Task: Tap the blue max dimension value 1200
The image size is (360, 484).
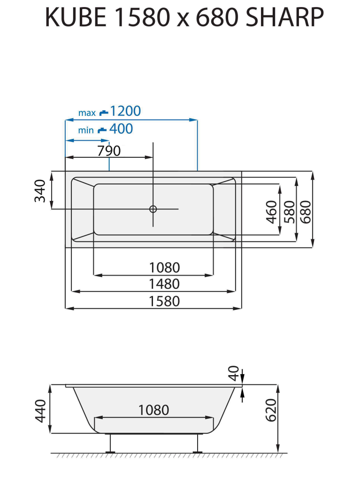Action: pos(125,111)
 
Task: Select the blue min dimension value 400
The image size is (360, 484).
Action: pos(121,129)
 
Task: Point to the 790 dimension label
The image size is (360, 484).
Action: pos(108,151)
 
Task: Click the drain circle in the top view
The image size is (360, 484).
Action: pos(153,209)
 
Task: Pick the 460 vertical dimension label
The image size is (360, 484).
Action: pos(272,212)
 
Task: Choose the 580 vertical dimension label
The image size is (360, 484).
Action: pos(289,212)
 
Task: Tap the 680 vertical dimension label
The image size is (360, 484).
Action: pos(306,212)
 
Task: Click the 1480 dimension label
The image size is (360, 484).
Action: pos(164,284)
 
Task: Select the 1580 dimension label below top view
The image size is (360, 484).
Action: pos(164,301)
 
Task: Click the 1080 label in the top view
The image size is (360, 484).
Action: pos(164,268)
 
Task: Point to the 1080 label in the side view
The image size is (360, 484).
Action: pos(153,410)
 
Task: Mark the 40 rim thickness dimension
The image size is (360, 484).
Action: pos(234,374)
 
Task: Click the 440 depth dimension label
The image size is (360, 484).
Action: pos(41,410)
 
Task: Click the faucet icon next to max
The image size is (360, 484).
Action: pos(103,113)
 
